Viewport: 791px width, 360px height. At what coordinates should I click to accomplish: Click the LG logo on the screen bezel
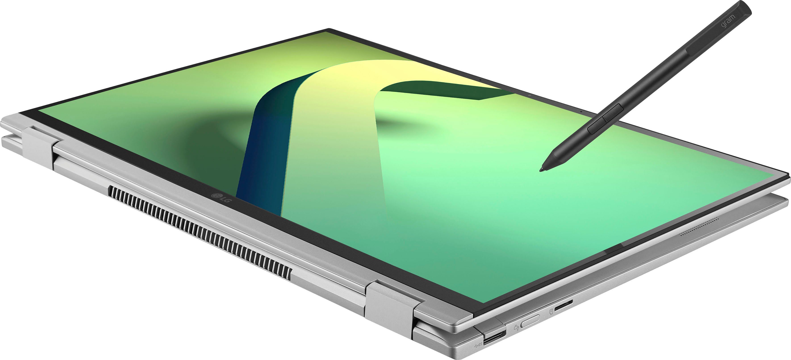(x=221, y=198)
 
